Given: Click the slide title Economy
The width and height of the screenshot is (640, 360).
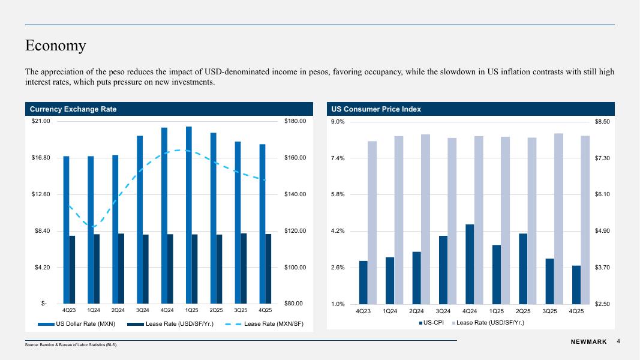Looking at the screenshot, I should [x=56, y=46].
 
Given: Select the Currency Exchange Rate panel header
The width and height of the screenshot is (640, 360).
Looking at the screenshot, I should [x=73, y=109].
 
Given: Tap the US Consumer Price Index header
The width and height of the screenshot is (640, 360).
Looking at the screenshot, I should [x=376, y=109].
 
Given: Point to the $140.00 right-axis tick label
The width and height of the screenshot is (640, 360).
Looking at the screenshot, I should [x=295, y=194].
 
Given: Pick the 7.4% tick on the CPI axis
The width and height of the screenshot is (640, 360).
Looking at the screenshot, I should [x=338, y=158].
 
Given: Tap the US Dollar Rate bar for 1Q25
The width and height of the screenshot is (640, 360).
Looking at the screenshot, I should [x=189, y=215].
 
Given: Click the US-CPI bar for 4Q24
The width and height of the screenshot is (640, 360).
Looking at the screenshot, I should [x=470, y=264].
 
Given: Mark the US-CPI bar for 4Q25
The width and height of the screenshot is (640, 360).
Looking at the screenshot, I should [x=576, y=284].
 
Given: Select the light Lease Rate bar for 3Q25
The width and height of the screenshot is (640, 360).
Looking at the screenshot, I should [x=558, y=218].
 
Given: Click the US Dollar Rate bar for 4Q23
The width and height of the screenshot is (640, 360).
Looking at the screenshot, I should [x=66, y=230].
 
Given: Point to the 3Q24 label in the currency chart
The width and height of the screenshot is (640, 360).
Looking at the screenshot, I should [x=143, y=310].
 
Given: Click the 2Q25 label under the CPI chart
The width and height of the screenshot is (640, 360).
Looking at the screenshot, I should [x=523, y=311].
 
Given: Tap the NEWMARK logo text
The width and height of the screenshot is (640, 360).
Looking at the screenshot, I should [x=588, y=342].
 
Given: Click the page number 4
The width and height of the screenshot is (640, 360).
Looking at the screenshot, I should [x=618, y=341].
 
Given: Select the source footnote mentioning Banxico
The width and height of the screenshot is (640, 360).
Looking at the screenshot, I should [x=71, y=345].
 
